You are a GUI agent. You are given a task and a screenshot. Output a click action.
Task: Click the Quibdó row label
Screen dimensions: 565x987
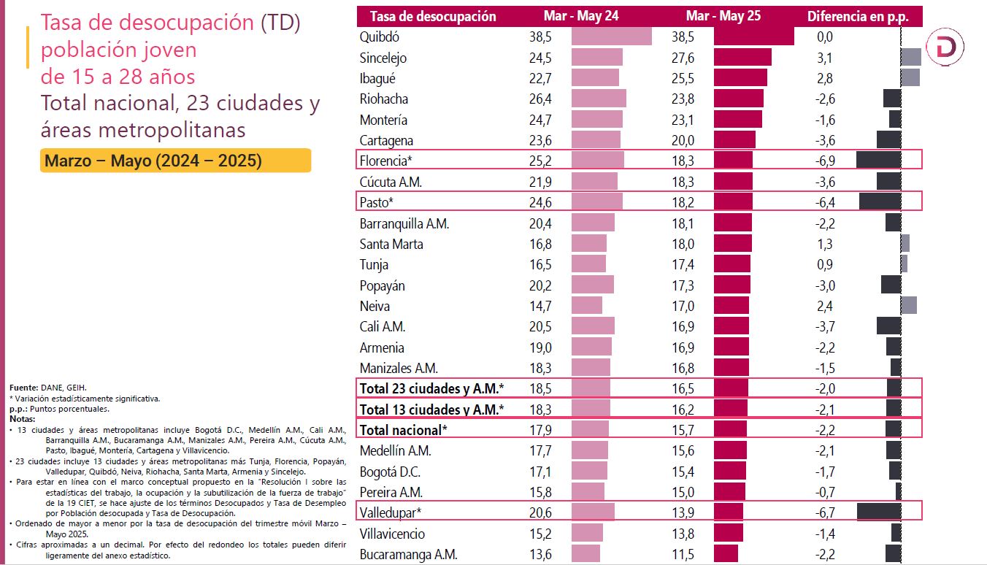coord(380,36)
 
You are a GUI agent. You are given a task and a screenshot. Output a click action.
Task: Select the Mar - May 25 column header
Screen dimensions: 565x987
coord(723,16)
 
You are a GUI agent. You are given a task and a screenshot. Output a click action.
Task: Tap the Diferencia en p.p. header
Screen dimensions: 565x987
coord(854,16)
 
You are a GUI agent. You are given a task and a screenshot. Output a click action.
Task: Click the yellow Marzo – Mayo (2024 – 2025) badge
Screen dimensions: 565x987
coord(175,161)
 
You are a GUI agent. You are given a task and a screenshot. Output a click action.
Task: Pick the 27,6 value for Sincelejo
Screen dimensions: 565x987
coord(683,58)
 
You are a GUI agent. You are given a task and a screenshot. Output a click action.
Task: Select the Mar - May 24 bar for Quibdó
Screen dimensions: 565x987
coord(611,36)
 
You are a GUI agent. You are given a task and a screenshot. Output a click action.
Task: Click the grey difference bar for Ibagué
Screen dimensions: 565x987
coord(910,78)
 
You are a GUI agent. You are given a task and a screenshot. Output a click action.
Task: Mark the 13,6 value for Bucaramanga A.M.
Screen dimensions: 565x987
coord(539,554)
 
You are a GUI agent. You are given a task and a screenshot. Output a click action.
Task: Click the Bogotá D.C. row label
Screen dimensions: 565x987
coord(390,472)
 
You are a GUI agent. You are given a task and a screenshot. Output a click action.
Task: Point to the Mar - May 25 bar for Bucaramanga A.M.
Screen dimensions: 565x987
coord(726,554)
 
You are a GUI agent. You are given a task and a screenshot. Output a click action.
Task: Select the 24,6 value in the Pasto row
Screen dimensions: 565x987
coord(539,202)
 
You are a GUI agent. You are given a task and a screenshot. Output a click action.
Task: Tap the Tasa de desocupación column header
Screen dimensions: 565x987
coord(433,16)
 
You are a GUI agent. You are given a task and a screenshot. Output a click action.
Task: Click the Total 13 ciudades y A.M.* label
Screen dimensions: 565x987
coord(431,410)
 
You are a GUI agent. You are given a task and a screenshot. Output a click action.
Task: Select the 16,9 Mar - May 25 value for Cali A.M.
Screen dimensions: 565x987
coord(683,326)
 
